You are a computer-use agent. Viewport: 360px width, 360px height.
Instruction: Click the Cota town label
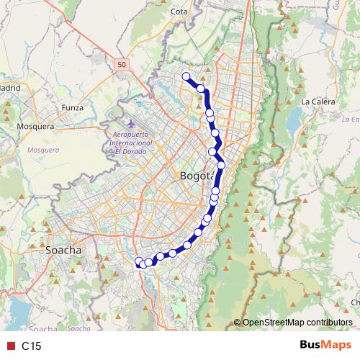tap(179, 12)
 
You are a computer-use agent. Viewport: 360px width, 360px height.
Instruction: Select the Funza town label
tap(73, 107)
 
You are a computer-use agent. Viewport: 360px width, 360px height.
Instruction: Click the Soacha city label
tap(63, 251)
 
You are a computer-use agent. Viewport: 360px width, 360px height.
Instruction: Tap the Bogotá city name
tap(194, 176)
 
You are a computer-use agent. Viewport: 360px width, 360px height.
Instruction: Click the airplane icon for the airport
tap(130, 116)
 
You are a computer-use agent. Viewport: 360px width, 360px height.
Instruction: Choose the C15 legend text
tap(31, 346)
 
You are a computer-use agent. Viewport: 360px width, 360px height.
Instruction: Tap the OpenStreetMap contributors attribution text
tap(297, 322)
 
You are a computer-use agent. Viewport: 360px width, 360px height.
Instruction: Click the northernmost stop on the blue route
tap(186, 76)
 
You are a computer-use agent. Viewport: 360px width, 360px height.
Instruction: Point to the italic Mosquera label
tap(37, 150)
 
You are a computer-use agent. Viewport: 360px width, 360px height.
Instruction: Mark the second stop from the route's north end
tap(202, 89)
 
